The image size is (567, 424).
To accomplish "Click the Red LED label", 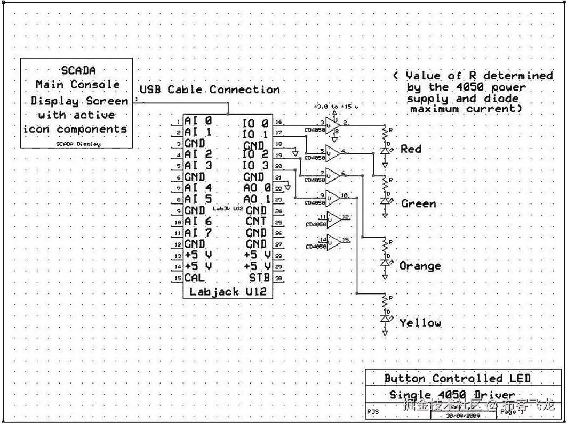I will point(411,149).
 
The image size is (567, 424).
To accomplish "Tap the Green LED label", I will point(418,203).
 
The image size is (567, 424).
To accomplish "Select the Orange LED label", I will point(420,265).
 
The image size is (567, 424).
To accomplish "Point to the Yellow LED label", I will point(420,322).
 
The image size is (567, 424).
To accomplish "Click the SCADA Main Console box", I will point(76,103).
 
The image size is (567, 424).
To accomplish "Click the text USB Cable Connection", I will point(210,89).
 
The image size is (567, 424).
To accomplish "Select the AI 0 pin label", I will point(198,121).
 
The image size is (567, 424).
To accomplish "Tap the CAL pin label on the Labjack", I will point(195,278).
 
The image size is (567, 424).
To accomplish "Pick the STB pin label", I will point(260,278).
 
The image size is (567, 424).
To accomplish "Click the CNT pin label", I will point(256,221).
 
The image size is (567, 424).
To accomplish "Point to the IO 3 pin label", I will point(255,165).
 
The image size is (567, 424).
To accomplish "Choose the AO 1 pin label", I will point(257,199).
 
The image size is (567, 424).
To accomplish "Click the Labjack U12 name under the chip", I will point(228,292).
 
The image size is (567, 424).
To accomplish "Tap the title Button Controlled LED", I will point(457,379).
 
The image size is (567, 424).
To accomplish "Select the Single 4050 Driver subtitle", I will point(452,395).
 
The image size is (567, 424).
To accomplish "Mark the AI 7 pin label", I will point(198,232).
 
